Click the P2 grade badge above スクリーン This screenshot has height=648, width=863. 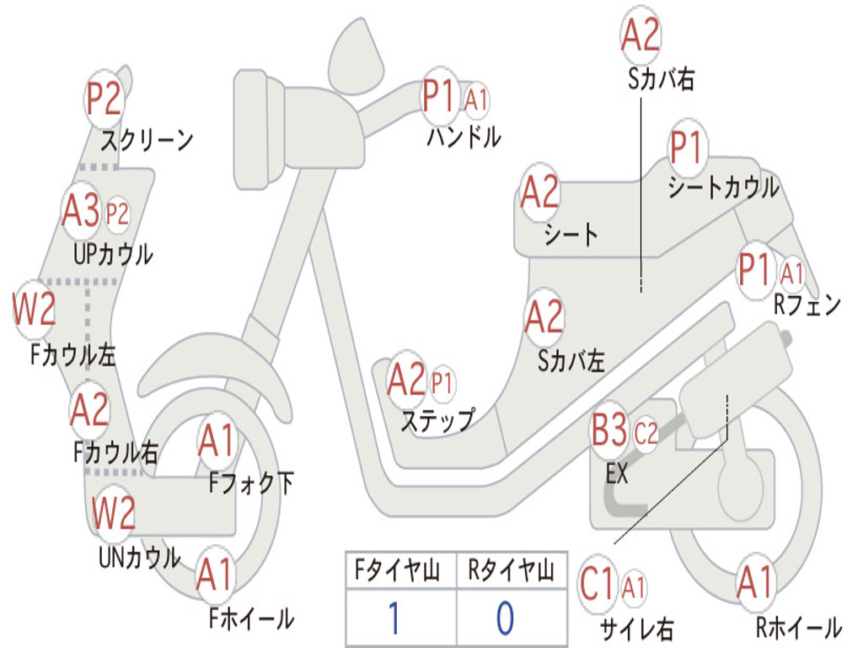(x=104, y=100)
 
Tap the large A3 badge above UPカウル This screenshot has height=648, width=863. (x=80, y=211)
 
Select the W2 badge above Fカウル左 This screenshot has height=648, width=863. (x=34, y=309)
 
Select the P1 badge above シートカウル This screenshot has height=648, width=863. (x=688, y=148)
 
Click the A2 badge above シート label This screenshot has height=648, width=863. (x=540, y=192)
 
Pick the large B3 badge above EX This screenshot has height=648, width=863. (x=608, y=430)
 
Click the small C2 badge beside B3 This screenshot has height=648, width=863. (x=646, y=434)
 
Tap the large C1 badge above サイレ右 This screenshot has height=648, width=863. (x=598, y=584)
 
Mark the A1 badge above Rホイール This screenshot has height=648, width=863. (x=756, y=582)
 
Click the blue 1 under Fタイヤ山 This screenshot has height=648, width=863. (x=394, y=618)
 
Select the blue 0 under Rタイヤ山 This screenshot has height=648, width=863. (x=506, y=618)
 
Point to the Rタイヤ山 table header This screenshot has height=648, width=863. (x=511, y=570)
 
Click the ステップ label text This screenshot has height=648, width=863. (x=437, y=421)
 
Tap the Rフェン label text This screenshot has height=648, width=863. (x=807, y=304)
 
